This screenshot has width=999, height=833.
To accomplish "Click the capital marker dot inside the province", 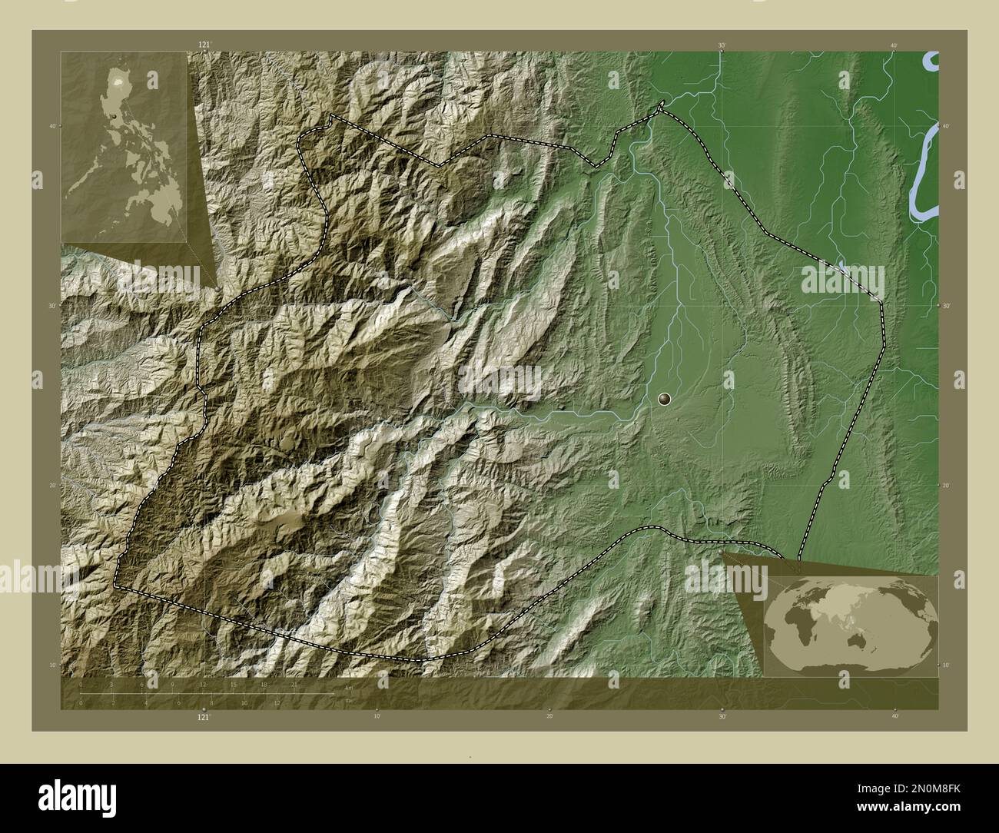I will pos(665,399).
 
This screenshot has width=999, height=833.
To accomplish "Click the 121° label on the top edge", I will pos(204,46).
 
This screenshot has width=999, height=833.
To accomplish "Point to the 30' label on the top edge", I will pos(722,46).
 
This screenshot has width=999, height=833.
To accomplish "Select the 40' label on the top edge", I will pos(894,46).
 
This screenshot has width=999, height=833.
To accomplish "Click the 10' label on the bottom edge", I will pos(377,717).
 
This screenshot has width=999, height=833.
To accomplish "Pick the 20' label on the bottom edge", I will pos(549,717).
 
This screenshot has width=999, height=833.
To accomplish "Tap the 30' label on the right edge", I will pos(945,306).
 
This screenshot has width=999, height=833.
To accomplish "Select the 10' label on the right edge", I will pos(945,665).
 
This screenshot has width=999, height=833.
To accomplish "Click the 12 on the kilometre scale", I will pos(203,684).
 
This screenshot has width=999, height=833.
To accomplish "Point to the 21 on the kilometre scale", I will pos(294,684).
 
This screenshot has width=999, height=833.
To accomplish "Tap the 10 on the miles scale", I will pos(244,702).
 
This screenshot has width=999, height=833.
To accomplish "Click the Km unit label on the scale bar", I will pos(349,688).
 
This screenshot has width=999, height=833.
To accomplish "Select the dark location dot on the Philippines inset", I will pos(115,117).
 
